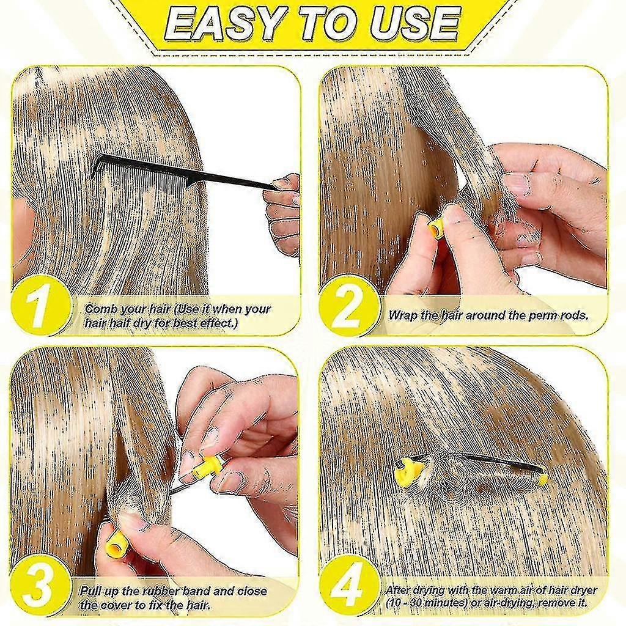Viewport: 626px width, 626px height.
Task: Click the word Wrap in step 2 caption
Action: pos(402,315)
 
